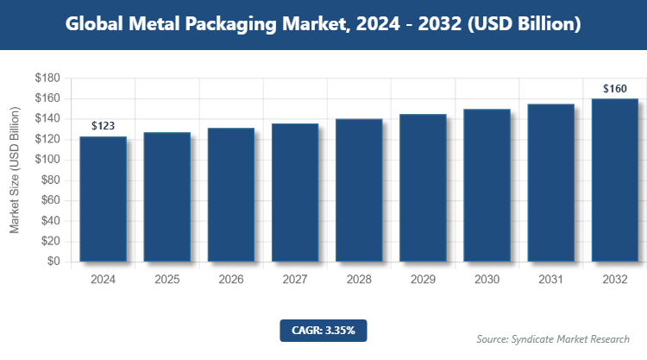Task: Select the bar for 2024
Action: click(x=104, y=199)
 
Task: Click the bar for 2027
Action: click(x=295, y=193)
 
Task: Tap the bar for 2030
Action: click(x=487, y=186)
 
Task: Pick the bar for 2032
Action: click(x=614, y=180)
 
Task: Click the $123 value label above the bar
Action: click(x=104, y=126)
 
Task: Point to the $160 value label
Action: click(x=614, y=88)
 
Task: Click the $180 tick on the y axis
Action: click(x=47, y=79)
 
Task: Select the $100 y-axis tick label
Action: click(x=47, y=160)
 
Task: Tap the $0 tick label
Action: click(x=53, y=262)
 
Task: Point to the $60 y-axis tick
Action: click(x=50, y=200)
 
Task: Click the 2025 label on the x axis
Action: click(x=167, y=280)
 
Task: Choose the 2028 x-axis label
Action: click(x=359, y=280)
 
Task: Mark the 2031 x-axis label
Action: click(x=550, y=280)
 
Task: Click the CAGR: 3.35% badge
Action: click(x=323, y=330)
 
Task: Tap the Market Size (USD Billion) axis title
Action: click(x=15, y=170)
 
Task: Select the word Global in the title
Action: click(x=97, y=24)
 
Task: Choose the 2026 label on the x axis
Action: click(x=231, y=280)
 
